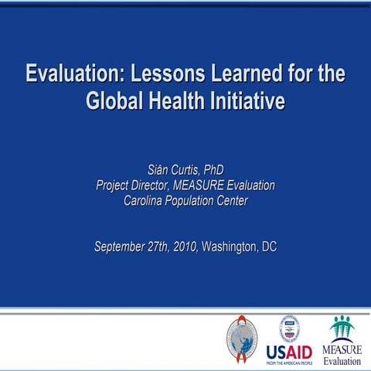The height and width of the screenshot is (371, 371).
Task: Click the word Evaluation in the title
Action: [x=73, y=76]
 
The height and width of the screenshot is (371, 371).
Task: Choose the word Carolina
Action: [x=148, y=201]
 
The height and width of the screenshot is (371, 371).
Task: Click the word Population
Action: [x=200, y=201]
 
